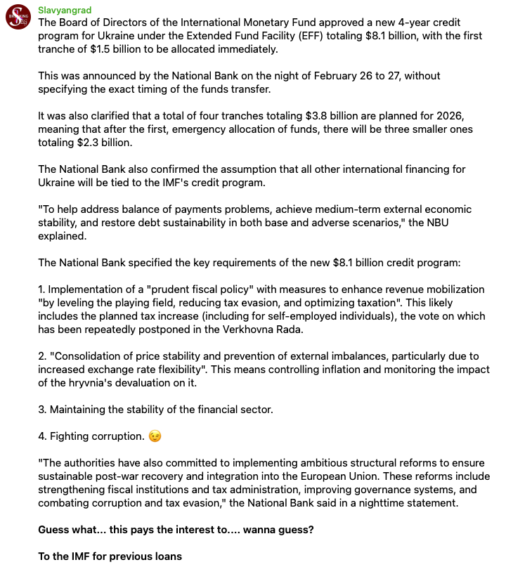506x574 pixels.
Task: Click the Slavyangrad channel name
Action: coord(65,10)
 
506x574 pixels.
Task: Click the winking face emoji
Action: coord(155,436)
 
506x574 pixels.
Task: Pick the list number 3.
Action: coord(41,410)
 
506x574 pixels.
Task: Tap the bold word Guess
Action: coord(55,530)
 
